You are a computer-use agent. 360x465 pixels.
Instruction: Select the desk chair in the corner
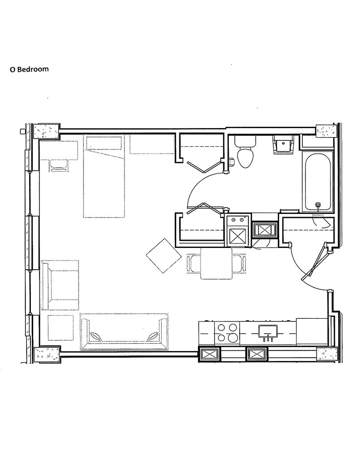(x=59, y=166)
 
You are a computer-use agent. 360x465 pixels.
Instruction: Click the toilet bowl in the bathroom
(x=246, y=157)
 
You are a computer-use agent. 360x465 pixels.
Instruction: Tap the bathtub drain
(x=318, y=205)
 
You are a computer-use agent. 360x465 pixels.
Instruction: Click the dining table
(x=216, y=263)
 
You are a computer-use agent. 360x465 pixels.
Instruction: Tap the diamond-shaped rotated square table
(x=161, y=256)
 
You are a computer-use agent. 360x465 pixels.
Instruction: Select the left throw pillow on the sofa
(x=96, y=336)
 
